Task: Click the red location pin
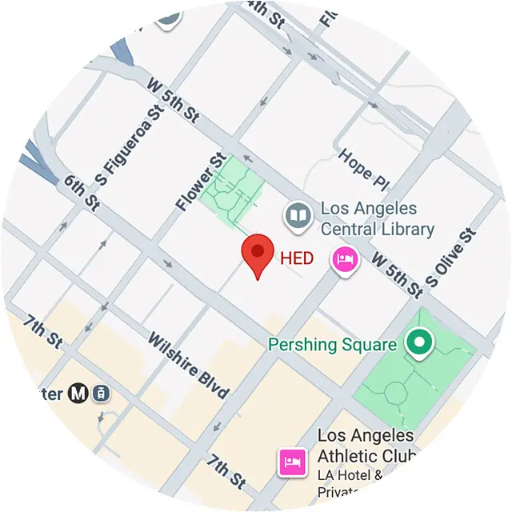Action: pyautogui.click(x=258, y=254)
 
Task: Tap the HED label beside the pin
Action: pyautogui.click(x=297, y=258)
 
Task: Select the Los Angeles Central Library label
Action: pyautogui.click(x=376, y=218)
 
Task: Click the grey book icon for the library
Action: pyautogui.click(x=298, y=215)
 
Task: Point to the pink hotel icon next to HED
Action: pyautogui.click(x=345, y=260)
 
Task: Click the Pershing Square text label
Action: pyautogui.click(x=332, y=345)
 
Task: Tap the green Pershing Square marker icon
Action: pyautogui.click(x=417, y=344)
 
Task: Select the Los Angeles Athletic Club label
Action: pyautogui.click(x=366, y=446)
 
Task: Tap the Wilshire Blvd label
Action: pyautogui.click(x=188, y=364)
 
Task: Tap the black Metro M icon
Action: pyautogui.click(x=78, y=393)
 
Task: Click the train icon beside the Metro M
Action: pyautogui.click(x=101, y=393)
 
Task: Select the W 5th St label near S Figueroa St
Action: pyautogui.click(x=174, y=100)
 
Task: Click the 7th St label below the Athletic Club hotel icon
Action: pyautogui.click(x=226, y=471)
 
